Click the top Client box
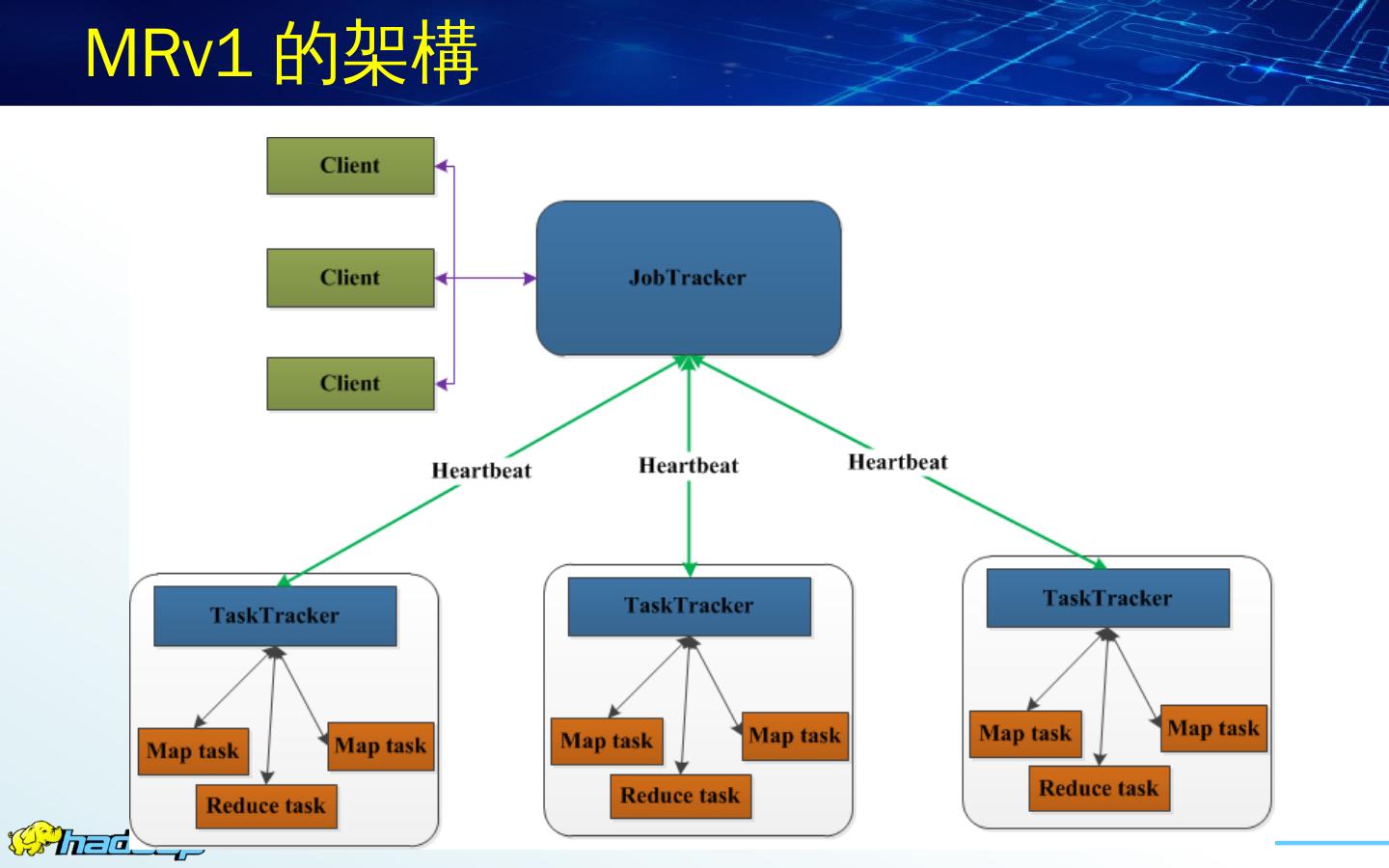(x=350, y=166)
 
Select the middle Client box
(x=350, y=278)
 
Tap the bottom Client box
(x=350, y=383)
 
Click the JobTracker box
(x=688, y=278)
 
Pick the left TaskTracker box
(x=275, y=615)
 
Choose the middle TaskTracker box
(x=689, y=606)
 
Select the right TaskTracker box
(x=1107, y=598)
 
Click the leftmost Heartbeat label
(x=481, y=471)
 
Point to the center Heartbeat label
(x=689, y=466)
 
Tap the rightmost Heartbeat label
(x=898, y=462)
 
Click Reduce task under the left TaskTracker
(x=266, y=806)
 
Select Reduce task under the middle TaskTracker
(x=680, y=796)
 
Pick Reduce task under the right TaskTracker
(x=1099, y=788)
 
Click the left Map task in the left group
(x=193, y=751)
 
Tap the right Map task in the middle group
(x=795, y=736)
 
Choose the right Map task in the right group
(x=1213, y=728)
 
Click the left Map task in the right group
(x=1025, y=734)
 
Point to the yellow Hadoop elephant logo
(x=33, y=838)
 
